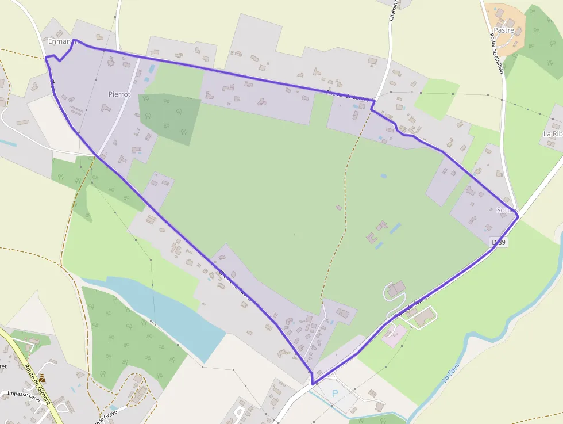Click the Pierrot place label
pos(119,94)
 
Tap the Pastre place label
pos(504,30)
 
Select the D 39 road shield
pos(499,243)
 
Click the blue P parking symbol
pos(336,394)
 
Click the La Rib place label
pos(553,133)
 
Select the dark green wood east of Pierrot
pos(169,118)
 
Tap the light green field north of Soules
pos(436,98)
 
